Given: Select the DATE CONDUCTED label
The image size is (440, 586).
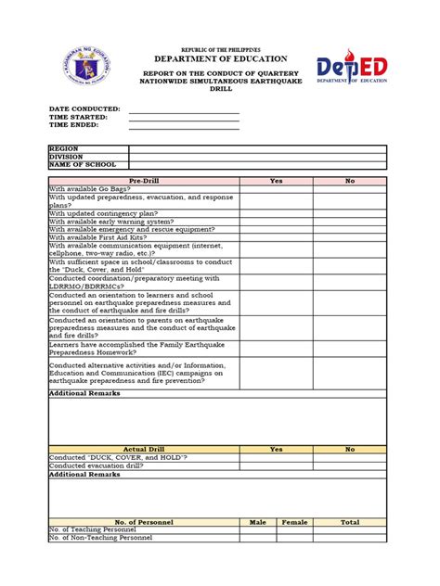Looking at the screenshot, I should [84, 108].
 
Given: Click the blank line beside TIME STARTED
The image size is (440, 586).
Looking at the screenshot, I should [184, 117].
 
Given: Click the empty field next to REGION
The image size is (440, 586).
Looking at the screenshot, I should [257, 148].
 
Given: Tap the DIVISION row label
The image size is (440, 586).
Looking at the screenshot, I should [66, 157].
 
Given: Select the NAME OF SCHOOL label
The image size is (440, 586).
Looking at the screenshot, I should [83, 165].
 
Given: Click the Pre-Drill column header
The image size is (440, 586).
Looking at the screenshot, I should [144, 181].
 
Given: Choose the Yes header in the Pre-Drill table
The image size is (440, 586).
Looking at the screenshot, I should [276, 181].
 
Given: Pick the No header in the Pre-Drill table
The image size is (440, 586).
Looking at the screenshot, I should [349, 181].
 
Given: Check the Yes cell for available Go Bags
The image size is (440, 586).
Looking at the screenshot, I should [276, 188].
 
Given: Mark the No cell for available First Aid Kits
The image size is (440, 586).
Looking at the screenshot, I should [349, 237].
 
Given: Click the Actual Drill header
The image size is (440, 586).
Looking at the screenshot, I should [144, 449].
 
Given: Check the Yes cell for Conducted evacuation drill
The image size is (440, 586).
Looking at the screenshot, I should [276, 465].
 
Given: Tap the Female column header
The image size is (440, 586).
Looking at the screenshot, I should [295, 522].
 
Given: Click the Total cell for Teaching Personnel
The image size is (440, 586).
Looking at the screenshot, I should [349, 529].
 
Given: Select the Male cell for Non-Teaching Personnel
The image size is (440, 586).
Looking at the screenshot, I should [258, 538].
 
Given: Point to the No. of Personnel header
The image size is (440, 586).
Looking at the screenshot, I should [144, 522].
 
